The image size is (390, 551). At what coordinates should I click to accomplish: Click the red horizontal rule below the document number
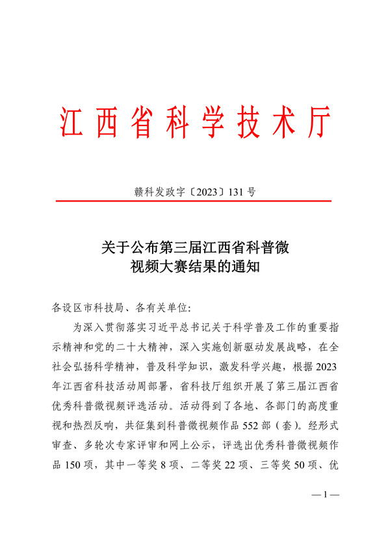click(x=195, y=201)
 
